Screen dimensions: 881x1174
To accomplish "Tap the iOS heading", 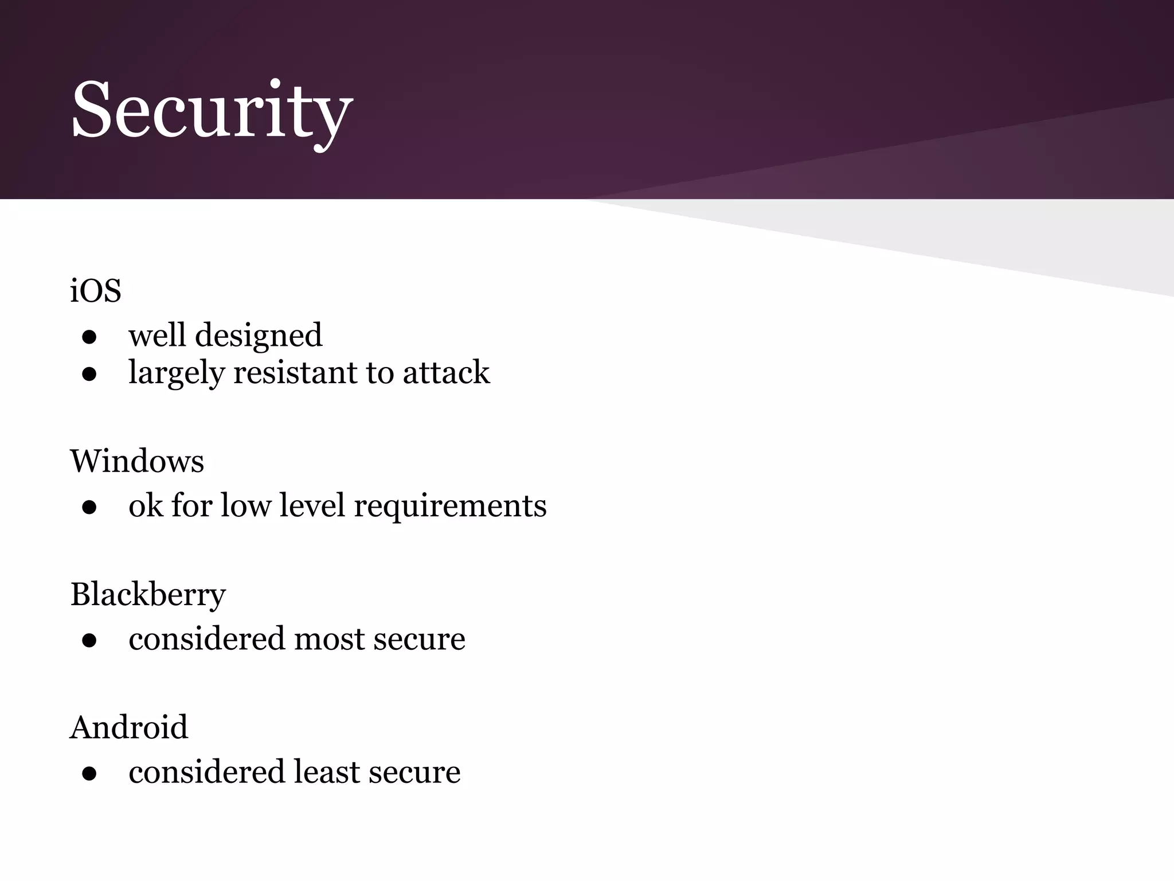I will pyautogui.click(x=95, y=291).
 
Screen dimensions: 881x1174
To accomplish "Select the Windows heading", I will pyautogui.click(x=137, y=461).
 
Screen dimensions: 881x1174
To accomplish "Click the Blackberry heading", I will pyautogui.click(x=148, y=594).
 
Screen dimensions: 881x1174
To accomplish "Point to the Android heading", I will pyautogui.click(x=129, y=727).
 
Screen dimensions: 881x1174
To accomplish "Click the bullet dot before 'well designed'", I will pyautogui.click(x=89, y=337).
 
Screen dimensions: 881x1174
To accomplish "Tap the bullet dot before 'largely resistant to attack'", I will pyautogui.click(x=89, y=375).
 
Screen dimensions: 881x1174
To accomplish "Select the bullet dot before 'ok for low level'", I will pyautogui.click(x=89, y=508).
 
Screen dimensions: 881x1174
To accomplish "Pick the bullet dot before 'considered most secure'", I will pyautogui.click(x=89, y=641).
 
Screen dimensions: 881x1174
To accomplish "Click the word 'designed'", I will pyautogui.click(x=259, y=336).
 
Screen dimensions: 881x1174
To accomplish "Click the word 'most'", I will pyautogui.click(x=329, y=640).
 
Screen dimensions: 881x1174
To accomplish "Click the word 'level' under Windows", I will pyautogui.click(x=312, y=506).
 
